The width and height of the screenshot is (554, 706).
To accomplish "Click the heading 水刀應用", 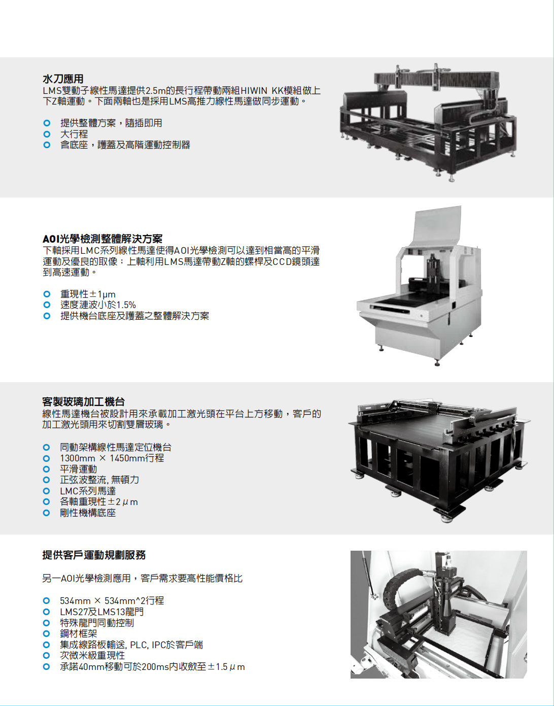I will point(63,79).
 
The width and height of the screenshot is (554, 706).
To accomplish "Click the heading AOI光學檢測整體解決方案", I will point(102,239).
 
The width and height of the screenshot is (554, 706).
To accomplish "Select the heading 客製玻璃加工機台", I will point(83,402).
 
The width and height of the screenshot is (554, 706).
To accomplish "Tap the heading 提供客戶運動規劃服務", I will point(94,555).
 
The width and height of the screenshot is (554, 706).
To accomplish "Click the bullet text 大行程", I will point(74,134).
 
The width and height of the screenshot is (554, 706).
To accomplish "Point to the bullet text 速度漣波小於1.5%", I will point(98,305).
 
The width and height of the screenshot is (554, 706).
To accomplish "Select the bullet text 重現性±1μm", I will point(88,294).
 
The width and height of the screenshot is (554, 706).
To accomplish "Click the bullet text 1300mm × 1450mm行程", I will point(112,458).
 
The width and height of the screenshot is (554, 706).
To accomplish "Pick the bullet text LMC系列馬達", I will point(88,491).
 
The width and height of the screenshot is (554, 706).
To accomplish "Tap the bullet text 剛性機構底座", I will point(88,513).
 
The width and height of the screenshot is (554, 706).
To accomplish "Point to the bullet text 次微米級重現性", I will point(92,656).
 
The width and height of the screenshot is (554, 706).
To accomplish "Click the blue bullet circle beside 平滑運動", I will point(47,469).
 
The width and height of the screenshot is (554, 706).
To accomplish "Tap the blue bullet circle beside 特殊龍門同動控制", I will point(47,623).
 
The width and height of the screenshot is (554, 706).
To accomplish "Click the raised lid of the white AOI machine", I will point(437,225).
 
